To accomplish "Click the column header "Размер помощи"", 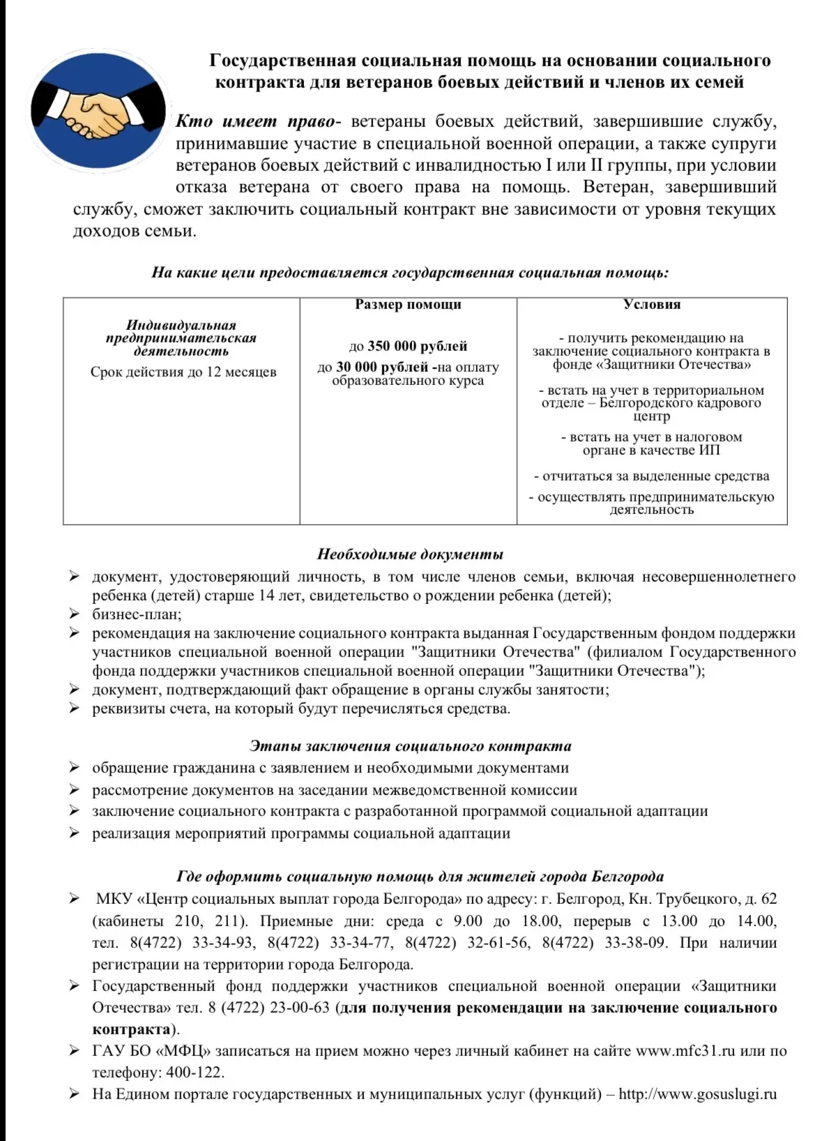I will coord(408,305).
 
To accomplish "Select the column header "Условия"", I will coord(652,305).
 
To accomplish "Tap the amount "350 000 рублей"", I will coord(417,347).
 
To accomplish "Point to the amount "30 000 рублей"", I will coord(382,368).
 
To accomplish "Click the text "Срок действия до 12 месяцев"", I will coord(183,372).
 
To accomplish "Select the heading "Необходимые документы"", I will coord(410,555).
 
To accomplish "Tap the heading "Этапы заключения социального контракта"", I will coord(410,746).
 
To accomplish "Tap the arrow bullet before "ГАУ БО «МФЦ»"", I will coord(74,1051).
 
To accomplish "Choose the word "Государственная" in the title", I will coord(283,61).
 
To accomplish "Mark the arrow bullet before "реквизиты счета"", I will coord(74,709).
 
